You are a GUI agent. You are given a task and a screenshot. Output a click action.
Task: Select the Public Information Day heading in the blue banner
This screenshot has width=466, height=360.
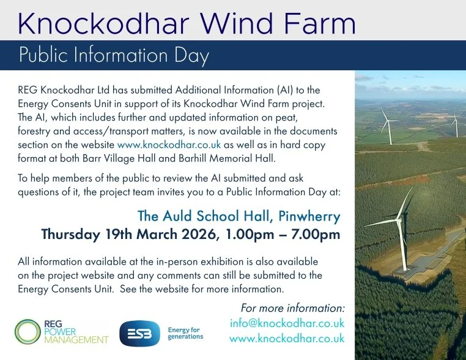(114, 56)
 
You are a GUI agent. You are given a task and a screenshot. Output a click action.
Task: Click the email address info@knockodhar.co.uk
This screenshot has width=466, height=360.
(287, 323)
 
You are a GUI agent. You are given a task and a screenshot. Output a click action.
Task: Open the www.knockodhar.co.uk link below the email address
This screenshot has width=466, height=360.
(287, 339)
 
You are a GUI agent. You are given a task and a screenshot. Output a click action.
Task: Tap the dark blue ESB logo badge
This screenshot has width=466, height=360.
(139, 334)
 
